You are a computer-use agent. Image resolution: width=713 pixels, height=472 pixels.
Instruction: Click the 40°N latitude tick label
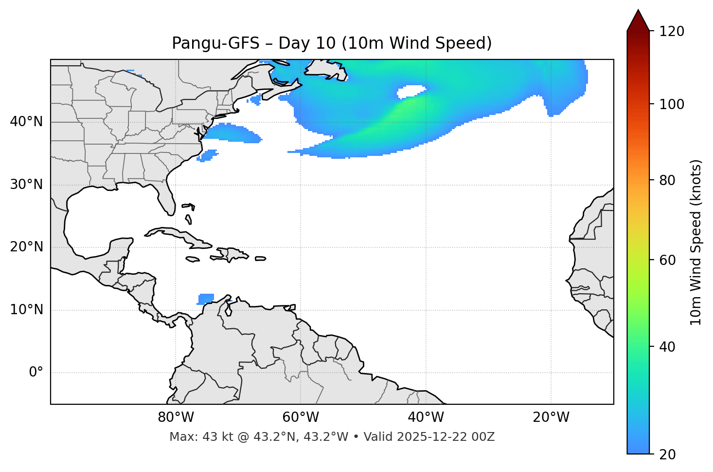pos(26,122)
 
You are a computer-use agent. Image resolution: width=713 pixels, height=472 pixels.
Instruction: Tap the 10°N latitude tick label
pos(26,310)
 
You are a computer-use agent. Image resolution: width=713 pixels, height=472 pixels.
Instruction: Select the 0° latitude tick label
pos(36,373)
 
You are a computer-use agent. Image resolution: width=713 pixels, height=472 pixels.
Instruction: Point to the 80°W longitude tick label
pos(176,417)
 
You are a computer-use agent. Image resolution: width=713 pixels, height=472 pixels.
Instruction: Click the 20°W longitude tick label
pos(551,417)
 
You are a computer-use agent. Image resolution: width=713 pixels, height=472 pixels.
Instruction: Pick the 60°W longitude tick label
pos(301,417)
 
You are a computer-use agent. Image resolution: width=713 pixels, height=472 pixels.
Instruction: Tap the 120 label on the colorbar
pos(672,32)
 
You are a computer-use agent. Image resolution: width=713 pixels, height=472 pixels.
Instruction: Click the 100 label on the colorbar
pos(672,104)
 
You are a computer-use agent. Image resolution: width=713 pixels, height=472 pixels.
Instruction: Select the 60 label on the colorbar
pos(668,260)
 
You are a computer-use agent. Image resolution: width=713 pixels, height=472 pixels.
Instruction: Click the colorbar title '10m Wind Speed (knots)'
pos(696,243)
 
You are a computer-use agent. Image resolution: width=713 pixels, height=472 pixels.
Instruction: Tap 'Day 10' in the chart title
pos(307,44)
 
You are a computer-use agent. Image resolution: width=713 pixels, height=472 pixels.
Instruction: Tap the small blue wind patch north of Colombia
pos(206,299)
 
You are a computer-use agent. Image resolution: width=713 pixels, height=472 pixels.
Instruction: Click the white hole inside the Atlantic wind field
pos(411,91)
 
